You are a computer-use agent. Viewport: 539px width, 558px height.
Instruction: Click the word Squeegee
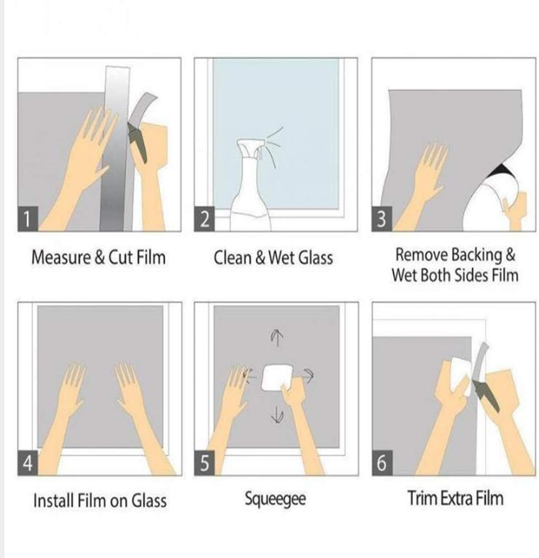click(x=275, y=498)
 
